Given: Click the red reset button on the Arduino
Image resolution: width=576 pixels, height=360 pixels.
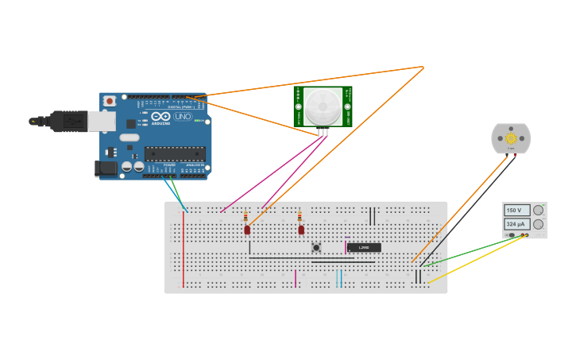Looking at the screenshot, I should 109,101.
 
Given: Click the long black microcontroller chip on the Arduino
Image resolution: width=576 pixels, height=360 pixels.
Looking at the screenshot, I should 174,153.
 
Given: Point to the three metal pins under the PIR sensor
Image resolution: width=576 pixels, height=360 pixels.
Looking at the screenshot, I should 323,131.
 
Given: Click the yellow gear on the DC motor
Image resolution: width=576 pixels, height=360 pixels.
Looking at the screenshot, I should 511,138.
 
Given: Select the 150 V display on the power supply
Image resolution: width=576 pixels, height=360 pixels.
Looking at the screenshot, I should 515,211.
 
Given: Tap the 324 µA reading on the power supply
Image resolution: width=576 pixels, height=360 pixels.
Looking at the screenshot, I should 515,225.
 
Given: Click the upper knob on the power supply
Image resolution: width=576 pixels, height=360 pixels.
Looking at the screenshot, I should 538,211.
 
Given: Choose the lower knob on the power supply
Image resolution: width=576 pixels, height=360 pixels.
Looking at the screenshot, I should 538,225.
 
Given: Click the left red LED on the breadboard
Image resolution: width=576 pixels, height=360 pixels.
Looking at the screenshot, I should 247,230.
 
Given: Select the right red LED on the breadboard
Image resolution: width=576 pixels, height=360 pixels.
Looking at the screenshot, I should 301,230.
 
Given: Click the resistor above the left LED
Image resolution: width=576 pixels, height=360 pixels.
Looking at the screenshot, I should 245,216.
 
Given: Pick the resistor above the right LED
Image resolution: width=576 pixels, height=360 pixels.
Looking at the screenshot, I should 300,216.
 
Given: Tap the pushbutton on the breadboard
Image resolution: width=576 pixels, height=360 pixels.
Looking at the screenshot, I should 316,247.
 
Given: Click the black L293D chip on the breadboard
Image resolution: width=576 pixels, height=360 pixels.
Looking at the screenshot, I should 364,247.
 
